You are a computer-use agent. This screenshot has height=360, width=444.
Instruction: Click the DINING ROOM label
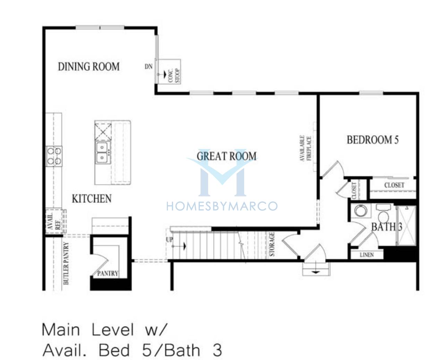click(88, 67)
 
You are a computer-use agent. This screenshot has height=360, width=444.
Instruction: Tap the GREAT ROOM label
click(227, 156)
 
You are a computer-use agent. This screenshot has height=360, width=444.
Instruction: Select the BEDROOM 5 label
click(373, 140)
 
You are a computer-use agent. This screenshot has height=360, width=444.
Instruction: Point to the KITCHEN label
click(92, 199)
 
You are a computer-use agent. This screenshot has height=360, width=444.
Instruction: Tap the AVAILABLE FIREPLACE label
click(306, 148)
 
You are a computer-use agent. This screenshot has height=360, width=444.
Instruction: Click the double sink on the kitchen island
click(102, 152)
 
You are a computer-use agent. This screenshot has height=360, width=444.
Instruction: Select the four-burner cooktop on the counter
click(54, 156)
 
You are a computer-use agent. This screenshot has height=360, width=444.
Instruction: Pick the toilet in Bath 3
click(383, 214)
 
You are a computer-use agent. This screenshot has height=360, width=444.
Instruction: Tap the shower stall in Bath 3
click(407, 226)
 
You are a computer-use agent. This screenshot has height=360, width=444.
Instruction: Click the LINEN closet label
click(367, 255)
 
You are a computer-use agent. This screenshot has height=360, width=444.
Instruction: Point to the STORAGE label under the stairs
click(272, 244)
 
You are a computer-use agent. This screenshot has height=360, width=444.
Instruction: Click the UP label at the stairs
click(170, 240)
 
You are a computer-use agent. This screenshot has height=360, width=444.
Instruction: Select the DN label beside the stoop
click(148, 67)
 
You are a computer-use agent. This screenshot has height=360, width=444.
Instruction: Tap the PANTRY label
click(108, 273)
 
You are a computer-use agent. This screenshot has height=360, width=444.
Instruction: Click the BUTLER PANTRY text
click(66, 263)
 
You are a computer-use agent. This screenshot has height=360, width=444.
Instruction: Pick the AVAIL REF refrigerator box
click(54, 221)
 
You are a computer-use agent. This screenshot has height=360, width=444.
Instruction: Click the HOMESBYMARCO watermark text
click(222, 206)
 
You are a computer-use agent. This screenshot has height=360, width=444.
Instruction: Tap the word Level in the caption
click(113, 330)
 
